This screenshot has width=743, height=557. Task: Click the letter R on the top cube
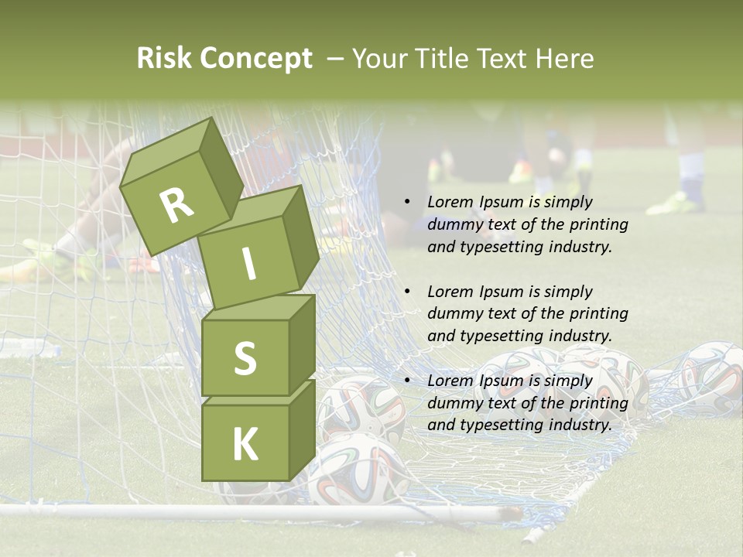click(x=177, y=206)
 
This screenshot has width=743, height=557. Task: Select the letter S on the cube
click(x=245, y=358)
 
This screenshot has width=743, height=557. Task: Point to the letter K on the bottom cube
click(x=245, y=445)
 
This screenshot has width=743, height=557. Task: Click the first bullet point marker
click(x=407, y=202)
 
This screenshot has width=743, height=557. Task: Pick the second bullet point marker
click(x=407, y=292)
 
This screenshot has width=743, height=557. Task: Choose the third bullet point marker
click(x=407, y=381)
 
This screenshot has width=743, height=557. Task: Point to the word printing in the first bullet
click(x=599, y=224)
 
